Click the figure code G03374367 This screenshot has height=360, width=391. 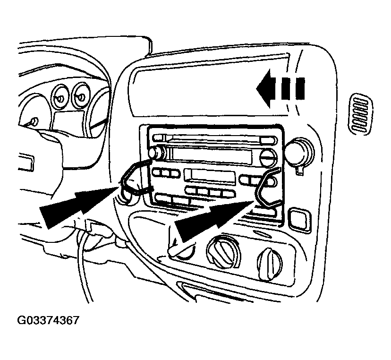tap(48, 321)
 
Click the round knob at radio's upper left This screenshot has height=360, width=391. tap(154, 154)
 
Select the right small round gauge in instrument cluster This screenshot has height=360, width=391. tap(81, 96)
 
